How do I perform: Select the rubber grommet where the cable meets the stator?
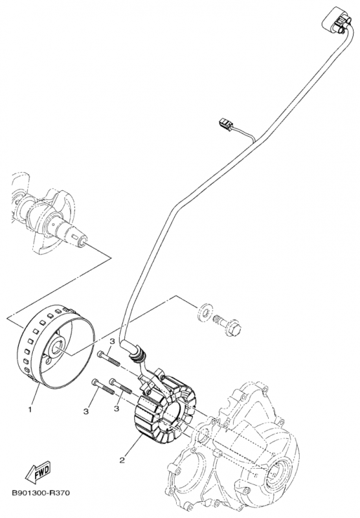[x=139, y=354]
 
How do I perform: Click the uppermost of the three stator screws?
[x=110, y=355]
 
